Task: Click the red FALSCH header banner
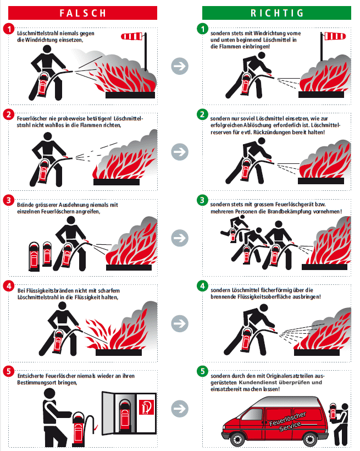tap(83, 13)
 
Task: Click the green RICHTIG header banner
tap(276, 13)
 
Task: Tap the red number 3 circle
tap(9, 200)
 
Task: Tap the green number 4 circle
tap(202, 286)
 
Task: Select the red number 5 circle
tap(9, 371)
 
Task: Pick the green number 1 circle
tap(202, 29)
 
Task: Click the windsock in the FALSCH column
tap(132, 36)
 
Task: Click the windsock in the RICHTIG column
tap(335, 36)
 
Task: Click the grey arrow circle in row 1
tap(180, 66)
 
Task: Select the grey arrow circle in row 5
tap(180, 409)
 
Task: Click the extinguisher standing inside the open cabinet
tap(125, 415)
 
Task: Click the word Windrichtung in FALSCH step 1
tap(41, 40)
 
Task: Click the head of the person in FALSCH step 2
tap(48, 136)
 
